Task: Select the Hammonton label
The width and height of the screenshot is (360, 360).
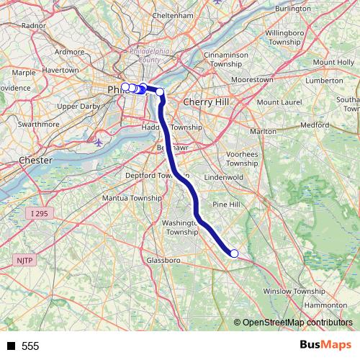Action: [x=325, y=305]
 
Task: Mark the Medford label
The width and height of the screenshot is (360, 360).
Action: [x=315, y=125]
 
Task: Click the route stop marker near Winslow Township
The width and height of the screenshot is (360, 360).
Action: [x=234, y=253]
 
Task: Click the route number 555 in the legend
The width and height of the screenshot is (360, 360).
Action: [x=30, y=346]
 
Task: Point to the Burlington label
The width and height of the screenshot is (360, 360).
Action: [x=292, y=8]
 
